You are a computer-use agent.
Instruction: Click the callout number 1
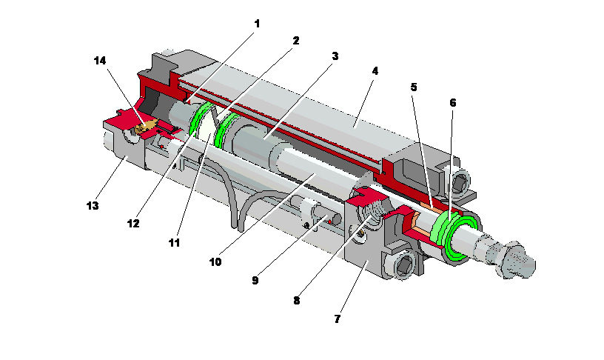[x=257, y=24]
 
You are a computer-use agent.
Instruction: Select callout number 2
[x=295, y=41]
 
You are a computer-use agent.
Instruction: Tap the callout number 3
[x=335, y=56]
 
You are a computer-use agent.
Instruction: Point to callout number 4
[x=375, y=71]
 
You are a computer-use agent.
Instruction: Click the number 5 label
[x=414, y=87]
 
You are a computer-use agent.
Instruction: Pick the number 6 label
[x=452, y=102]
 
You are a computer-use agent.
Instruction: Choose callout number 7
[x=337, y=319]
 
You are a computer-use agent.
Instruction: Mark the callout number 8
[x=296, y=301]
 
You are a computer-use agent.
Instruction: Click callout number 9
[x=255, y=281]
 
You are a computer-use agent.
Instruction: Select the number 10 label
[x=215, y=261]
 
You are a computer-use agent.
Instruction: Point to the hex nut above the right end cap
[x=458, y=182]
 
